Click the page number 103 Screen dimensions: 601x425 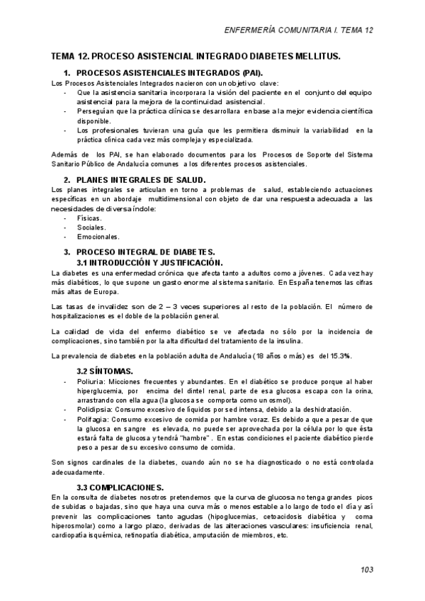[x=366, y=569]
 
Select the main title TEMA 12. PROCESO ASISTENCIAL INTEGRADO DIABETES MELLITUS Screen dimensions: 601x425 [x=196, y=55]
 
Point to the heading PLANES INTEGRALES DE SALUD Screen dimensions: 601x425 [x=141, y=180]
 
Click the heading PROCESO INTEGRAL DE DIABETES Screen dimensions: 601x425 [x=145, y=252]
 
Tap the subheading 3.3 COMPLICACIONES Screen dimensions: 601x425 [x=120, y=487]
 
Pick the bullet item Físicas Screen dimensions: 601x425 [x=89, y=218]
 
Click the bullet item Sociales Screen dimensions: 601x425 [x=91, y=228]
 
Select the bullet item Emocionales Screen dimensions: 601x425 [x=98, y=237]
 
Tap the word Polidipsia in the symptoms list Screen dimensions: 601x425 [x=94, y=409]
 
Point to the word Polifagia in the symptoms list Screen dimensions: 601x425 [x=93, y=419]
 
